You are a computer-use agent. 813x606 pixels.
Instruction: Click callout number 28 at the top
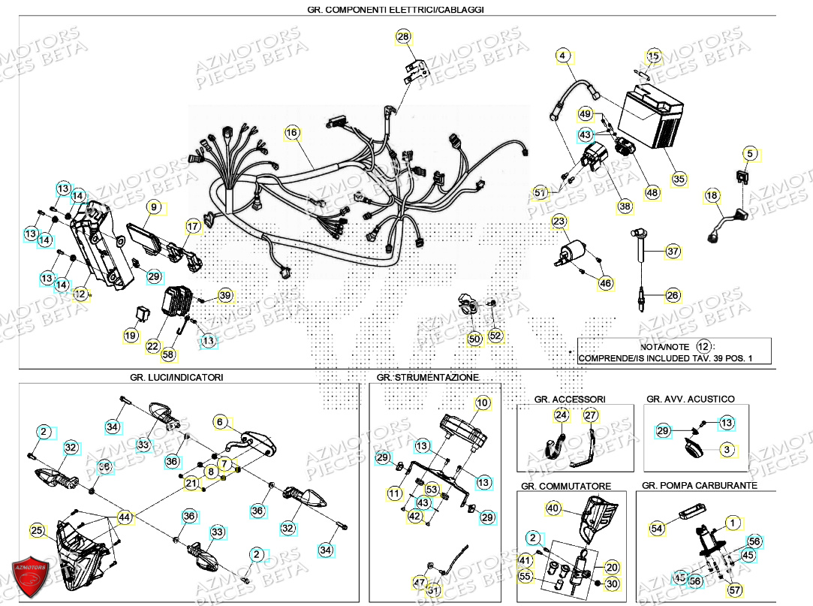click(403, 37)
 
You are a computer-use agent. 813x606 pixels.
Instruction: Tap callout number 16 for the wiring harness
click(292, 133)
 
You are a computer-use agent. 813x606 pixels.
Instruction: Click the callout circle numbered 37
click(673, 251)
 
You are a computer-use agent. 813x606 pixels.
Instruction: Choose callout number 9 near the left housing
click(153, 207)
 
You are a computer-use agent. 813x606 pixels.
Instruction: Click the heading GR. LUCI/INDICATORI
click(176, 377)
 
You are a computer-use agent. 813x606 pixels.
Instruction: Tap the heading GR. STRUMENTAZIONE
click(427, 377)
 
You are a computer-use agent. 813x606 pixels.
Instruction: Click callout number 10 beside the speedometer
click(482, 403)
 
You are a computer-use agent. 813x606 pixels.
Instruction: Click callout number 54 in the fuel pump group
click(657, 529)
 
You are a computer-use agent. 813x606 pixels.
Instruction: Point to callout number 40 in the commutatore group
click(553, 509)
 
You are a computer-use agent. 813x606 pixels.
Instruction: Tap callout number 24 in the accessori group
click(562, 415)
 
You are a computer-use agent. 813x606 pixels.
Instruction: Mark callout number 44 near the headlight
click(125, 517)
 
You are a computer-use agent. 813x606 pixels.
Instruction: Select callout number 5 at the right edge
click(748, 154)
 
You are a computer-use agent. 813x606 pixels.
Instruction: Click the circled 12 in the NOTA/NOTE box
click(703, 346)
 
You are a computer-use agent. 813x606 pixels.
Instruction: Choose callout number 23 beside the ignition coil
click(559, 222)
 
